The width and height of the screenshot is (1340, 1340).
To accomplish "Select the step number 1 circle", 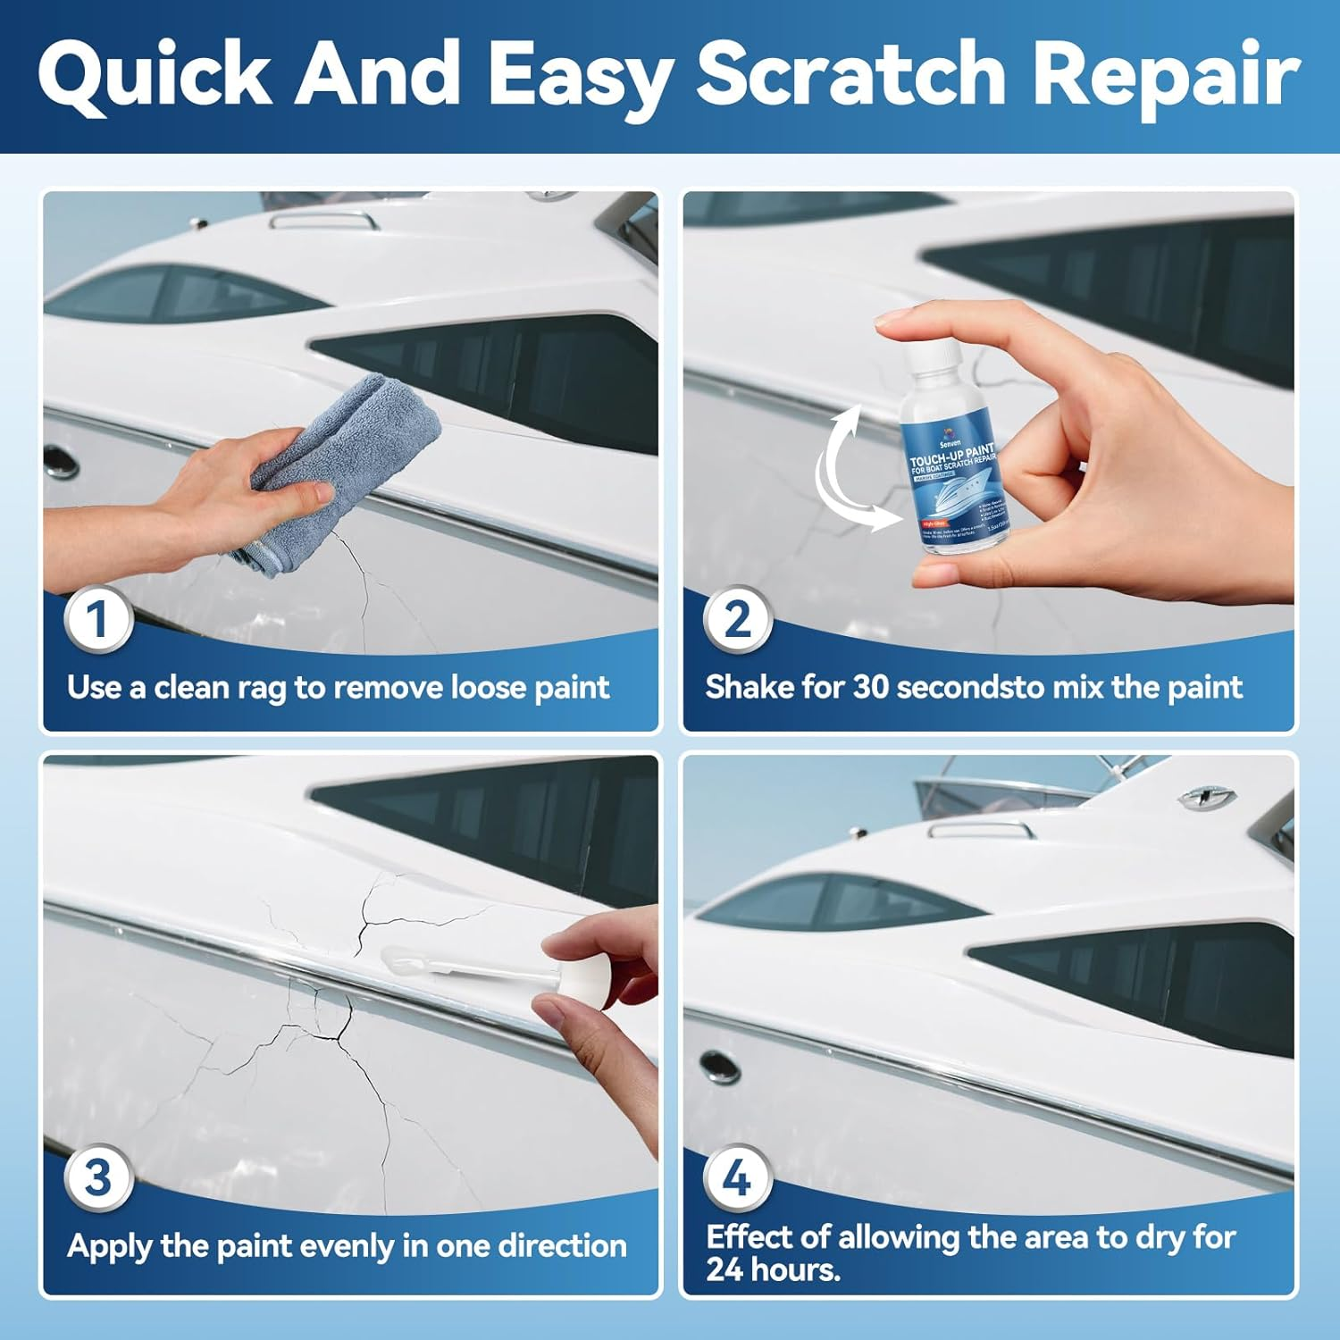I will pyautogui.click(x=98, y=619).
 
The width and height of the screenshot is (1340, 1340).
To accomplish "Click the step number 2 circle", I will pyautogui.click(x=737, y=619).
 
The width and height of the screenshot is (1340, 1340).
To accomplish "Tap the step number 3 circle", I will pyautogui.click(x=98, y=1177).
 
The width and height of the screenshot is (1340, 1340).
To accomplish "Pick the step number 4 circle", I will pyautogui.click(x=737, y=1177).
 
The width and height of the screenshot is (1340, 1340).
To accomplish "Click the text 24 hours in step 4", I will pyautogui.click(x=773, y=1269).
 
